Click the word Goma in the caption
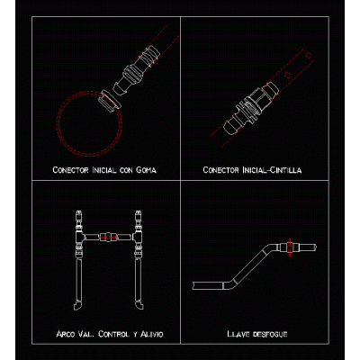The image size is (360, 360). pyautogui.click(x=146, y=170)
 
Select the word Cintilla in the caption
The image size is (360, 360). pyautogui.click(x=285, y=170)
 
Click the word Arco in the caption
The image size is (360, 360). pyautogui.click(x=66, y=334)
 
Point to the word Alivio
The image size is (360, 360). pyautogui.click(x=152, y=334)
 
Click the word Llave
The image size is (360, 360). pyautogui.click(x=238, y=334)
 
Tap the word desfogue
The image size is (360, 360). pyautogui.click(x=270, y=334)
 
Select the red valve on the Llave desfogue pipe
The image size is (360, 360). pyautogui.click(x=290, y=247)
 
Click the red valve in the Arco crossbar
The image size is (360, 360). pyautogui.click(x=108, y=237)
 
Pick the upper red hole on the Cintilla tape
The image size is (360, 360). pyautogui.click(x=309, y=56)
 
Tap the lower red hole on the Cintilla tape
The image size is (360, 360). pyautogui.click(x=287, y=75)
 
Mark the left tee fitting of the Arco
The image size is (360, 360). pyautogui.click(x=80, y=237)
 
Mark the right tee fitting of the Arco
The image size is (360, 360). pyautogui.click(x=138, y=237)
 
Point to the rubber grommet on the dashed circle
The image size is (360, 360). pyautogui.click(x=110, y=100)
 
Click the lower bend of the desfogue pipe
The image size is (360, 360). pyautogui.click(x=229, y=284)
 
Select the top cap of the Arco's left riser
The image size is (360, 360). pyautogui.click(x=78, y=215)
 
